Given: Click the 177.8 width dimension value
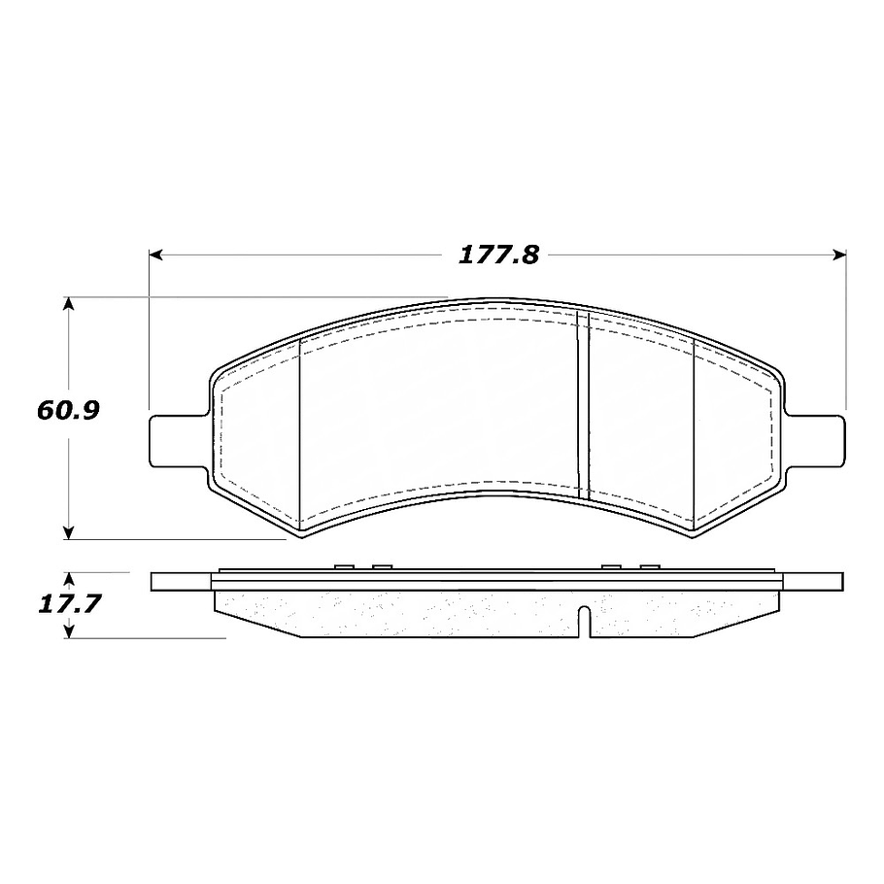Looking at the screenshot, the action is (499, 255).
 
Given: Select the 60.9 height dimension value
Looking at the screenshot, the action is (68, 410).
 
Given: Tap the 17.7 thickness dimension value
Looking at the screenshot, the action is (69, 604).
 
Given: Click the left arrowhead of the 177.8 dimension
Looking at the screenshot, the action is (155, 255).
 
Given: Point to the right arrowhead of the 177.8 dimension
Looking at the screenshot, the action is (840, 255).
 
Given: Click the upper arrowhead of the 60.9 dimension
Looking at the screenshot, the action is (68, 303).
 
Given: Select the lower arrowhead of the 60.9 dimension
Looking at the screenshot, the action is (68, 532).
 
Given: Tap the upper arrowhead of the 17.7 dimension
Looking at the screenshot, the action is (69, 580).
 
